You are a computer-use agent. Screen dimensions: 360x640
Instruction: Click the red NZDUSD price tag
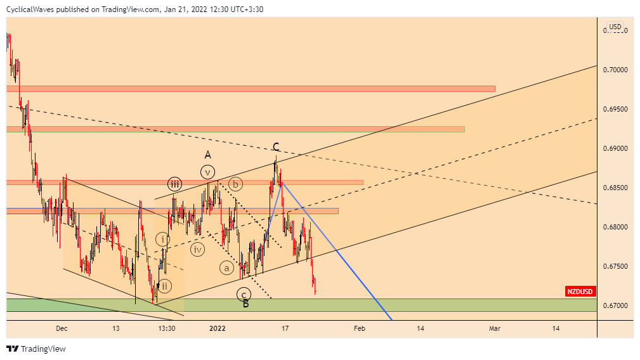pos(580,292)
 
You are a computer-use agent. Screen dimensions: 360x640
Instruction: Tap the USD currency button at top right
pos(615,27)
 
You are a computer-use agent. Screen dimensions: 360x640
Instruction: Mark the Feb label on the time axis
pos(360,328)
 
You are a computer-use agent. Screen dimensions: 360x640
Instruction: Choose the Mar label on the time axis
pos(495,328)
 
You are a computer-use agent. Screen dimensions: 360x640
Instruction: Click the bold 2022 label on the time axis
pos(218,328)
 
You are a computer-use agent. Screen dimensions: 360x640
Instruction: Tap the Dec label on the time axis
pos(62,328)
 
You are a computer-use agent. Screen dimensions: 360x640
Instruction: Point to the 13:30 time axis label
pos(167,328)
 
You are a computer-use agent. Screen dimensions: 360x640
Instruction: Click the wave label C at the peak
pos(276,147)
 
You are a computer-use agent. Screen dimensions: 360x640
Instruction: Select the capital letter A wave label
pos(207,155)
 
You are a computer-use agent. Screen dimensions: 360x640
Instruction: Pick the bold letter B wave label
pos(246,304)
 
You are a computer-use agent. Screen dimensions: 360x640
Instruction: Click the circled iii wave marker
pos(175,184)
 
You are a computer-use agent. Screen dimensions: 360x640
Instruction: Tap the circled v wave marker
pos(207,171)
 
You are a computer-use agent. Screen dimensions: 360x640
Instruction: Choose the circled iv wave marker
pos(198,249)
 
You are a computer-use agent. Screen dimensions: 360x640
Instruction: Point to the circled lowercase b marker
pos(236,184)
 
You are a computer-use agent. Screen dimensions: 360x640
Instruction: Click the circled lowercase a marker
pos(226,267)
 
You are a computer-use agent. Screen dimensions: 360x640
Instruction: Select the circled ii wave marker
pos(164,286)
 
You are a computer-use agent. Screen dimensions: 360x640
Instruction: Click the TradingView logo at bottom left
pos(36,349)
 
